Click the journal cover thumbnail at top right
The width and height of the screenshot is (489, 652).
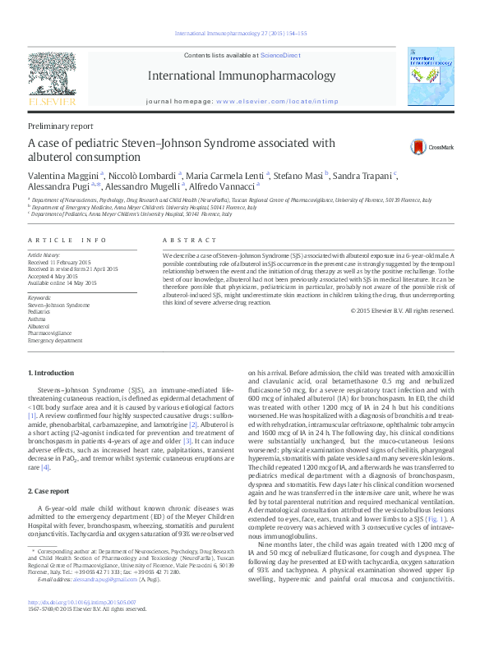[434, 76]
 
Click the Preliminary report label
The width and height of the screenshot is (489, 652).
[60, 126]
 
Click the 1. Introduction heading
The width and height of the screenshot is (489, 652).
[51, 374]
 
